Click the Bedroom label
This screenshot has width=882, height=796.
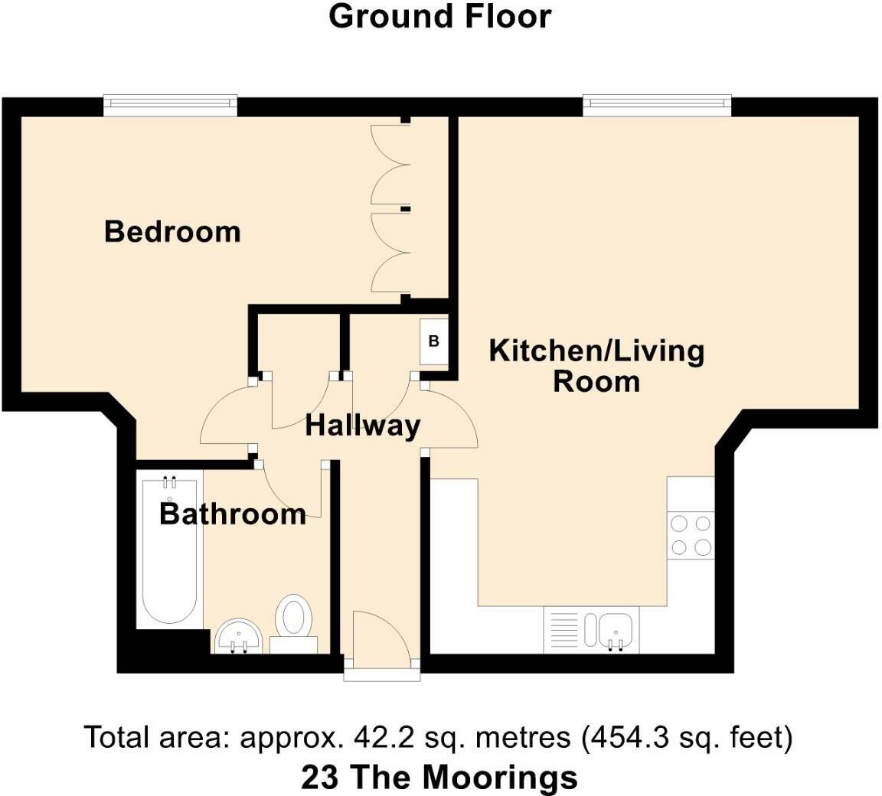point(173,232)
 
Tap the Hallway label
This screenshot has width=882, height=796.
point(363,426)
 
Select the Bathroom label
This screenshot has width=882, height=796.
point(233,514)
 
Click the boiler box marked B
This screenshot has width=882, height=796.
point(434,341)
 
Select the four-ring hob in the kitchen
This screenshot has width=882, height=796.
point(691,535)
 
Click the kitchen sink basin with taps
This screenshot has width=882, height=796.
point(617,630)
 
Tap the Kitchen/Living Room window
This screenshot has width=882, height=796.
point(657,105)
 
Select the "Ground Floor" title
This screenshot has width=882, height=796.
point(440,16)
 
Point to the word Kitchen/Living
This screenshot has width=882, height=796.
point(597,351)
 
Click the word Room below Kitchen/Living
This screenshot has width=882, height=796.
point(597,382)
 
